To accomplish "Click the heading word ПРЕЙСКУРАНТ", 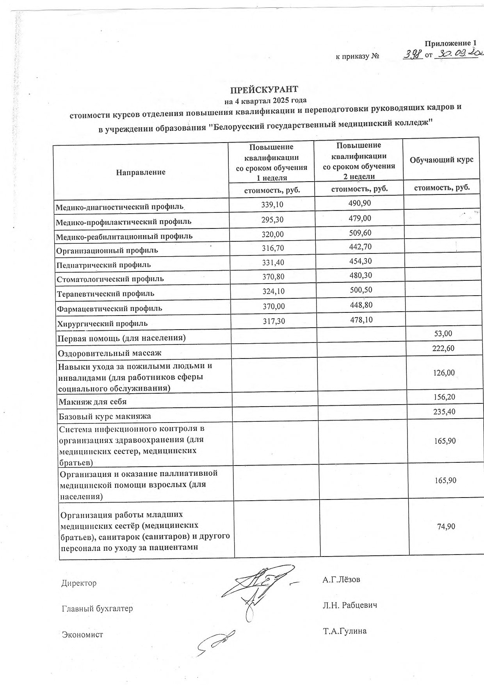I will click(x=264, y=89).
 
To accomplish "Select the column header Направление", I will click(x=141, y=172).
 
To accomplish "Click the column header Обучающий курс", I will click(x=441, y=160).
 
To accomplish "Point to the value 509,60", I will click(x=360, y=233).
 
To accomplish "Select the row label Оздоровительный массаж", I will click(x=110, y=353).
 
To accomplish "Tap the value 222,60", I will click(x=443, y=348).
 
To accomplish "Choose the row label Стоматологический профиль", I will click(x=110, y=279).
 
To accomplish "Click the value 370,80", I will click(x=273, y=277).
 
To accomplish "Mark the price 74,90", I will click(x=446, y=526).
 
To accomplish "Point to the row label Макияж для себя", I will click(x=93, y=401).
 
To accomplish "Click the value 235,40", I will click(x=444, y=412).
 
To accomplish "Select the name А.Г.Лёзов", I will click(x=341, y=580).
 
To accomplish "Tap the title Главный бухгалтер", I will click(x=97, y=608).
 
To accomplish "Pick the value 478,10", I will click(x=361, y=320).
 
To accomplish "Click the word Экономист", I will click(x=82, y=635).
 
